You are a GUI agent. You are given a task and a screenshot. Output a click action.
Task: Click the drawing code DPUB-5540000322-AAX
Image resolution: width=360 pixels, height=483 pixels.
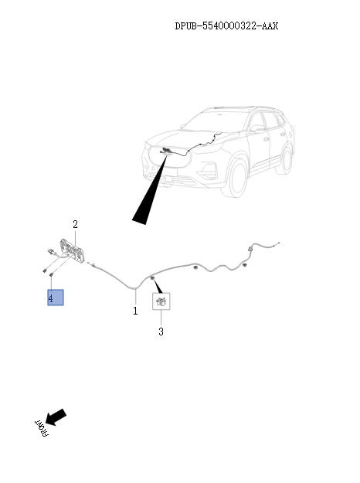(x=226, y=26)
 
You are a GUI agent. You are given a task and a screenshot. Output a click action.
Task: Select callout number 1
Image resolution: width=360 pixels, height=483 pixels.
(x=135, y=311)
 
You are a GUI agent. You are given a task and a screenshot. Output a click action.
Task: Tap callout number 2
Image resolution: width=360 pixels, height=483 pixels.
(x=75, y=224)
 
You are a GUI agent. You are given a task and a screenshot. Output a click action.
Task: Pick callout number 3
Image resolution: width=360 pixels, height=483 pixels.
(x=161, y=332)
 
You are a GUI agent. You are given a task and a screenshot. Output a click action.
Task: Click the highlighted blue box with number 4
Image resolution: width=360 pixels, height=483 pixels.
(x=56, y=298)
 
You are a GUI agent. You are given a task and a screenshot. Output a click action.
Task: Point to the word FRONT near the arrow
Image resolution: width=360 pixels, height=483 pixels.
(x=41, y=428)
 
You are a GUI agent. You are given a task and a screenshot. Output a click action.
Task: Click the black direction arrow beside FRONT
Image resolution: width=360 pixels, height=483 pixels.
(x=56, y=417)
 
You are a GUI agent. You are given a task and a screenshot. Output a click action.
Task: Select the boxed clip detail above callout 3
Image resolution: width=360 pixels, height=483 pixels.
(x=161, y=301)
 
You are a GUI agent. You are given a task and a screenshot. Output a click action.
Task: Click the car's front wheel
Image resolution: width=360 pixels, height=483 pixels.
(x=236, y=179)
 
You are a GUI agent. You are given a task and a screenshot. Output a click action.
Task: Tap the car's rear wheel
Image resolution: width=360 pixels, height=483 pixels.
(x=284, y=159)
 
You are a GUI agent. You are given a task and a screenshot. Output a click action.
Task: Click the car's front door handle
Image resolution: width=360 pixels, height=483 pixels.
(x=266, y=139)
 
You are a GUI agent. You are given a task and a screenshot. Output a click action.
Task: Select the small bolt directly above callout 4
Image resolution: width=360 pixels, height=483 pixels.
(x=51, y=274)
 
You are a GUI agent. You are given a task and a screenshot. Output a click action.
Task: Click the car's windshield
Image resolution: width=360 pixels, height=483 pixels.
(x=215, y=121)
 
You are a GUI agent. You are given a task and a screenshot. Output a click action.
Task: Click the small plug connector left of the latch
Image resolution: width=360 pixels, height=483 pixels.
(x=50, y=252)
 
